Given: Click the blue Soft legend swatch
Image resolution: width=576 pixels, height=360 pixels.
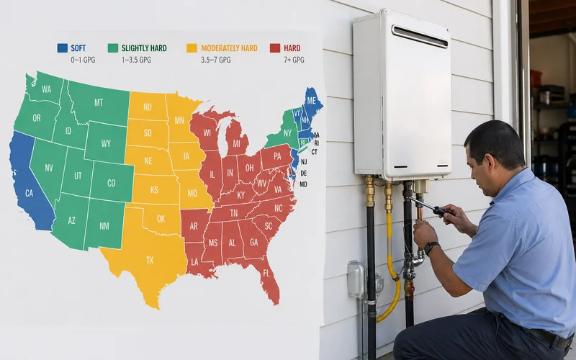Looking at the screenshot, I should pyautogui.click(x=62, y=48).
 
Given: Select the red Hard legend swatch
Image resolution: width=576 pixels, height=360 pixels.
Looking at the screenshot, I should pyautogui.click(x=275, y=48).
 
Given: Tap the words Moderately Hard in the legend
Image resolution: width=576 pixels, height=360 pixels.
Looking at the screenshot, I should pyautogui.click(x=229, y=48).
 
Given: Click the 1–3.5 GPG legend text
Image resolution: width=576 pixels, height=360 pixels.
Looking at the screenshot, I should pyautogui.click(x=138, y=60).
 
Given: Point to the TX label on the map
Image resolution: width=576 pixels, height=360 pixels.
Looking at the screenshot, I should pyautogui.click(x=150, y=259).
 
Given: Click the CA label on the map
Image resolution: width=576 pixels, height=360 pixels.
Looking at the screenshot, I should pyautogui.click(x=30, y=193).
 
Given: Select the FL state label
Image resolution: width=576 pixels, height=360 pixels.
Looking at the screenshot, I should pyautogui.click(x=266, y=274).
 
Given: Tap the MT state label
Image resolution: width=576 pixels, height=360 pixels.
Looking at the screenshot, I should pyautogui.click(x=99, y=103).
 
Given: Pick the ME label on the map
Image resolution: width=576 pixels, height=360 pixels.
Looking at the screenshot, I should pyautogui.click(x=312, y=102).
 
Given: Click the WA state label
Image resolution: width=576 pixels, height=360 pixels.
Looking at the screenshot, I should pyautogui.click(x=46, y=89).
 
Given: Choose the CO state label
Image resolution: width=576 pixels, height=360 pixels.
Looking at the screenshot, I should pyautogui.click(x=112, y=183).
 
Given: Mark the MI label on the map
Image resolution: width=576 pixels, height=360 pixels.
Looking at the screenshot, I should pyautogui.click(x=235, y=144).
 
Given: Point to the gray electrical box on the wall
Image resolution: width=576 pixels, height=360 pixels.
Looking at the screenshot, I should pyautogui.click(x=356, y=279).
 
